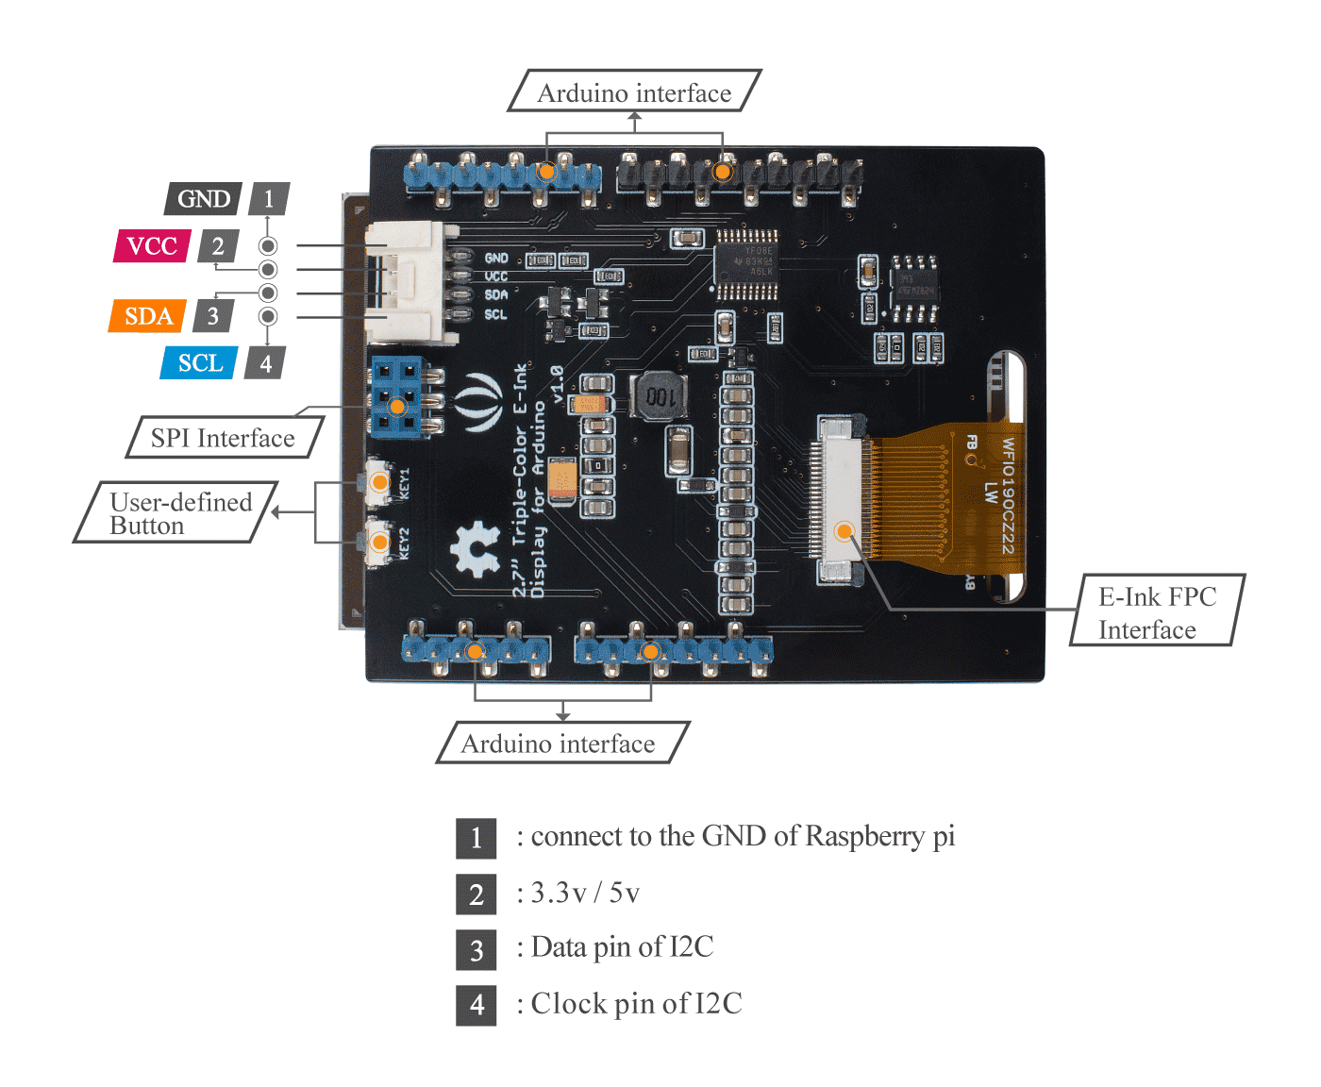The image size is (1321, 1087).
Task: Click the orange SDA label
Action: [147, 316]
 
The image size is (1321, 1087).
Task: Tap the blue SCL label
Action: [199, 363]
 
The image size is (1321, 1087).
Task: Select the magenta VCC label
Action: [151, 246]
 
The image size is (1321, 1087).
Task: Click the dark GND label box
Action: [203, 199]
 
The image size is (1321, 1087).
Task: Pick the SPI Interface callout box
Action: [224, 438]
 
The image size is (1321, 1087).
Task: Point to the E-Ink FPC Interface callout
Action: [1156, 611]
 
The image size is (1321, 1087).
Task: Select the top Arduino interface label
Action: [634, 92]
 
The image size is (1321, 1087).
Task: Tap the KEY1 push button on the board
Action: [378, 482]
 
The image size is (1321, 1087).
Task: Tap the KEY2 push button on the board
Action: [378, 542]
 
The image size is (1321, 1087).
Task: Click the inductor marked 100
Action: [660, 396]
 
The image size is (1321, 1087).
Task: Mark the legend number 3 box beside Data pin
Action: [476, 950]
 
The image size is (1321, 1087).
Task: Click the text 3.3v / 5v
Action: [585, 893]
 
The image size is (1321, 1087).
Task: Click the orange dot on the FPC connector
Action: [844, 531]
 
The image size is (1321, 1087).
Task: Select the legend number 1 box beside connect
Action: [476, 838]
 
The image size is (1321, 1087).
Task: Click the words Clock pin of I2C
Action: [636, 1004]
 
